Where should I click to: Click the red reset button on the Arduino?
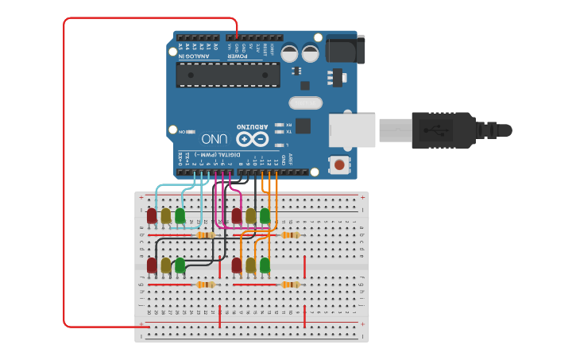[340, 165]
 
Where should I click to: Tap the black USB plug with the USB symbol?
[435, 130]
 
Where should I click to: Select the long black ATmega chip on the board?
[228, 75]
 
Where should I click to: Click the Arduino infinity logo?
[253, 138]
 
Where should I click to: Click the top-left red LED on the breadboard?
[152, 215]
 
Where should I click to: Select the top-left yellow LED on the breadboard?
[165, 215]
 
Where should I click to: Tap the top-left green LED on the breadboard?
[180, 215]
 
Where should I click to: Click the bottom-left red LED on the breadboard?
[152, 265]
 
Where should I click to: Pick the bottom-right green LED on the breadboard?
[265, 265]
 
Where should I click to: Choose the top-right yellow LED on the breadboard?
[251, 215]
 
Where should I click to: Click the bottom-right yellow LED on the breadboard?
[251, 265]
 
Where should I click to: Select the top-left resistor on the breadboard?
[205, 235]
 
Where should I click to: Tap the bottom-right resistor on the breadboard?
[290, 285]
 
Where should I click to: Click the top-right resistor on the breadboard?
[290, 235]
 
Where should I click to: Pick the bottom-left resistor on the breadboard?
[205, 285]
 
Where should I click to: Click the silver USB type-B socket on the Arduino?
[352, 130]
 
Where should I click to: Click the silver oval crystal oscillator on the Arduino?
[305, 103]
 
